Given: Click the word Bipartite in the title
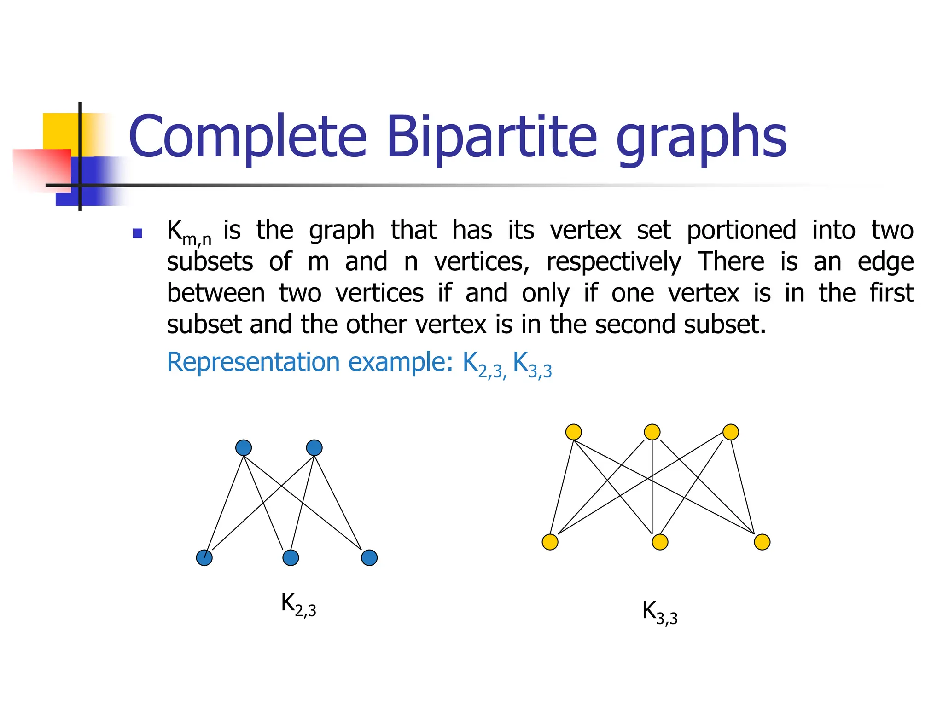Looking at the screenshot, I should [x=492, y=137].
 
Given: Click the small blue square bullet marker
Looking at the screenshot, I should [x=137, y=233].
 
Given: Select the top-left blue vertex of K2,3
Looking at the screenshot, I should [x=244, y=447].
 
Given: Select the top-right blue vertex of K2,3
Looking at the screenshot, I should [x=314, y=447].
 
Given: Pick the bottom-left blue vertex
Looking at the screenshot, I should [x=204, y=558].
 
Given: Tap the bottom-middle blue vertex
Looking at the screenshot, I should [x=291, y=558].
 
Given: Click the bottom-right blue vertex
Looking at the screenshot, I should [x=369, y=558].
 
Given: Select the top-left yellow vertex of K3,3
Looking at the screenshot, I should [x=573, y=432].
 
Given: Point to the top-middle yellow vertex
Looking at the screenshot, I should [x=652, y=432].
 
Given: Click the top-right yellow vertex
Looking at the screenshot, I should [x=731, y=432].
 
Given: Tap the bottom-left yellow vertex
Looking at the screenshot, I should [x=550, y=542].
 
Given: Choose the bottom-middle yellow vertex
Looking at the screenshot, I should [x=660, y=542].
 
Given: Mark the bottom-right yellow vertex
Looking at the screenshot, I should [x=762, y=542].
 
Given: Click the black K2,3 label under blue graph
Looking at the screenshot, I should [x=298, y=604].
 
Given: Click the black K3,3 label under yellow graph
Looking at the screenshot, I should [x=660, y=613].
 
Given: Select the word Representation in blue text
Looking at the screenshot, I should [x=253, y=362].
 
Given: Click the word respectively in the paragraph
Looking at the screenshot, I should [x=613, y=262].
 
